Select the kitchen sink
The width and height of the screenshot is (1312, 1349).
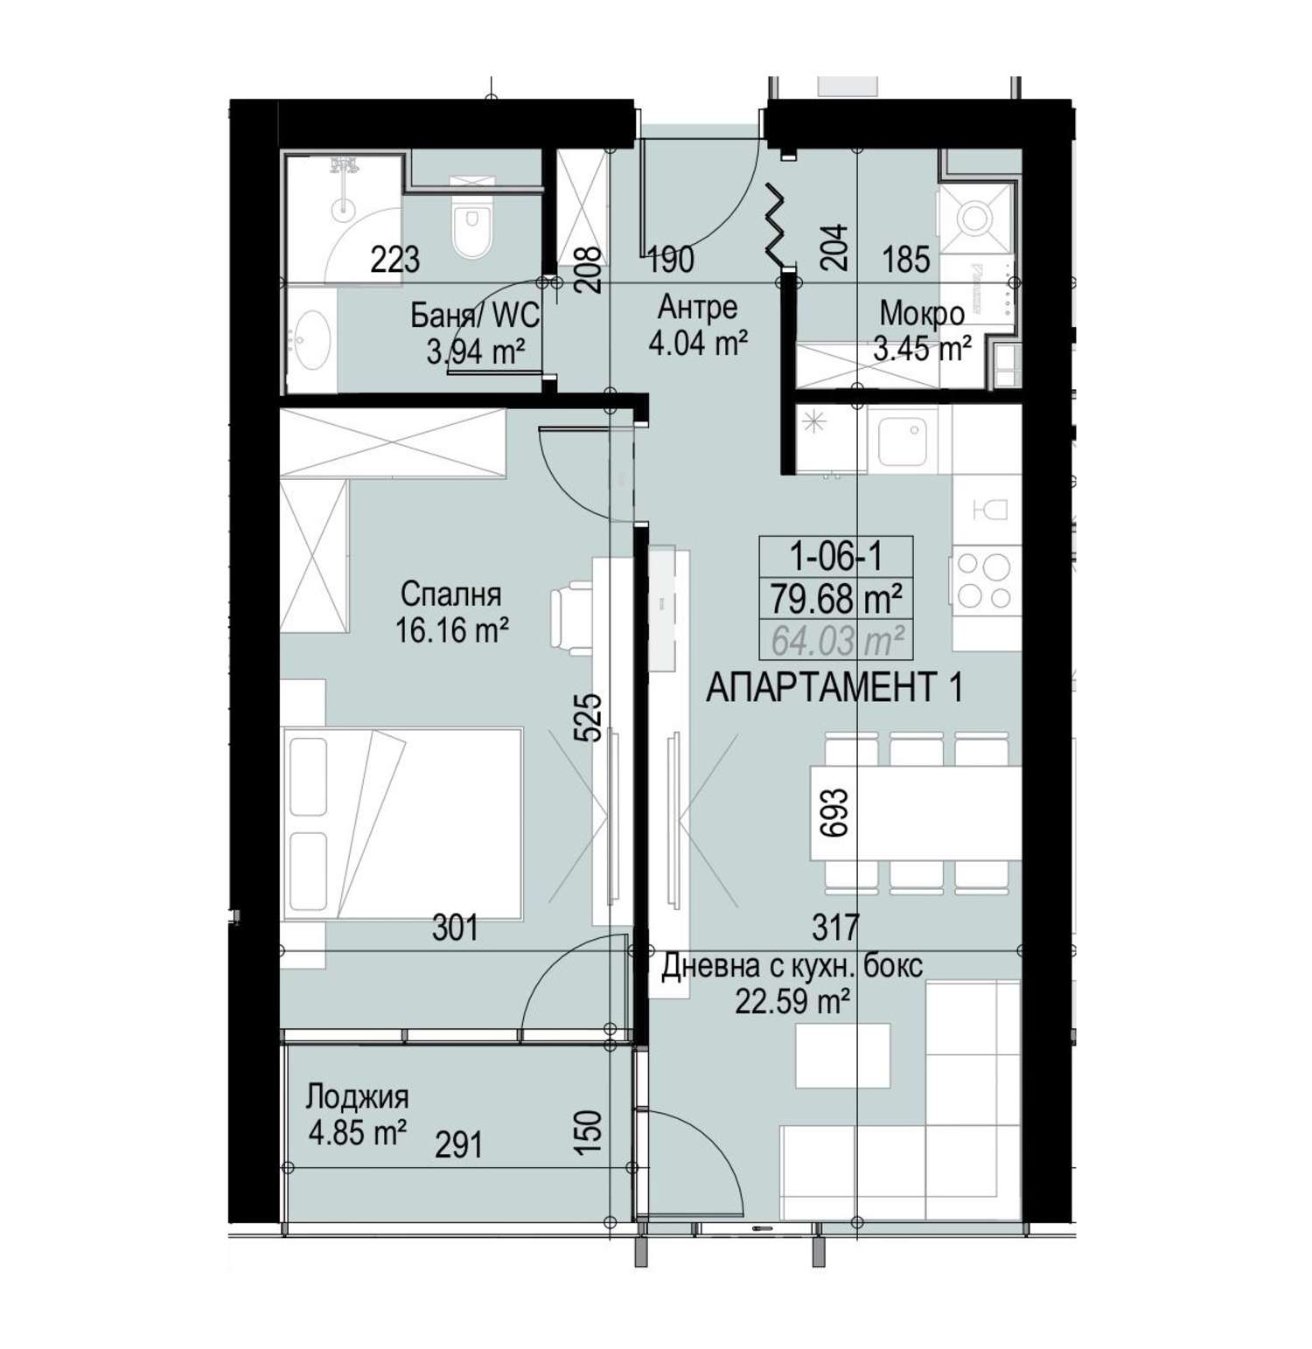[x=902, y=441]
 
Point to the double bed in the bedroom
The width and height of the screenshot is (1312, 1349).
[x=403, y=824]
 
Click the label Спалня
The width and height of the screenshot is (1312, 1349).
[x=450, y=595]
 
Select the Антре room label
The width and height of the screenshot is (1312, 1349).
[x=697, y=307]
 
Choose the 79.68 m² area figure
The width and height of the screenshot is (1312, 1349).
[x=835, y=600]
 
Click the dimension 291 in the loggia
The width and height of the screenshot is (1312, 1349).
[x=458, y=1144]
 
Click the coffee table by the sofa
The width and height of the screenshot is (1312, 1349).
[x=843, y=1054]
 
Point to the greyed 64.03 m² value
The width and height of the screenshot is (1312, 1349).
[x=837, y=642]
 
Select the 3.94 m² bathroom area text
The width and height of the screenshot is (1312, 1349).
[x=476, y=351]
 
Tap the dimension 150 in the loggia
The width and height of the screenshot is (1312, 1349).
[x=591, y=1132]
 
